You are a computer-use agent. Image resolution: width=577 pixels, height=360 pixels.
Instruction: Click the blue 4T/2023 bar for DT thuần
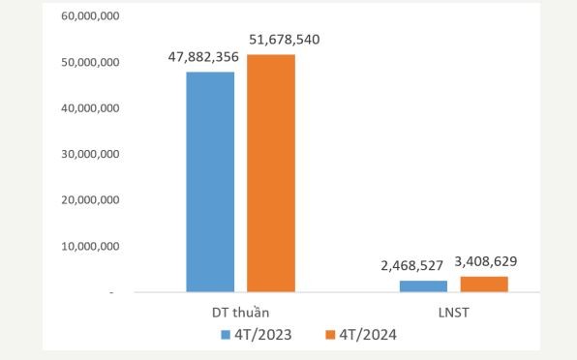(210, 182)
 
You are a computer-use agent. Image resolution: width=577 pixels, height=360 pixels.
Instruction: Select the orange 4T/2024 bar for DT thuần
(271, 172)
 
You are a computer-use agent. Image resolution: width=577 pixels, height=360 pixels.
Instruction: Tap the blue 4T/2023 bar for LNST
(423, 285)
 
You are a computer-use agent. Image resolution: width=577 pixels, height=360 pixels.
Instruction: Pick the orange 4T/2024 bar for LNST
(484, 284)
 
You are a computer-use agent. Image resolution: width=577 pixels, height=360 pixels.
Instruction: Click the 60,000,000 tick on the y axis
(88, 16)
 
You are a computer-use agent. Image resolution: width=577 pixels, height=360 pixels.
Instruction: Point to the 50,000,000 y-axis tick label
(88, 63)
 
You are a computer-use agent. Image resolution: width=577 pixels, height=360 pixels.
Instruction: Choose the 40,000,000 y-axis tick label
(88, 108)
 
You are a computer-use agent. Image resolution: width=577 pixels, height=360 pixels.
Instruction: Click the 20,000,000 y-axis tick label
(88, 200)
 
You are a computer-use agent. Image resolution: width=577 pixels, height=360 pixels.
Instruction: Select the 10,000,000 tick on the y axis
(88, 247)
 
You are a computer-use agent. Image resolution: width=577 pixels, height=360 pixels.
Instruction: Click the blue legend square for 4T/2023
(226, 335)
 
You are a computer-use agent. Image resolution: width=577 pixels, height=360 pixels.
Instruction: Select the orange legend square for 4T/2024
(329, 335)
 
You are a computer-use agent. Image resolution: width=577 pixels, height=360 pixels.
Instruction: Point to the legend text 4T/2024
(366, 335)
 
